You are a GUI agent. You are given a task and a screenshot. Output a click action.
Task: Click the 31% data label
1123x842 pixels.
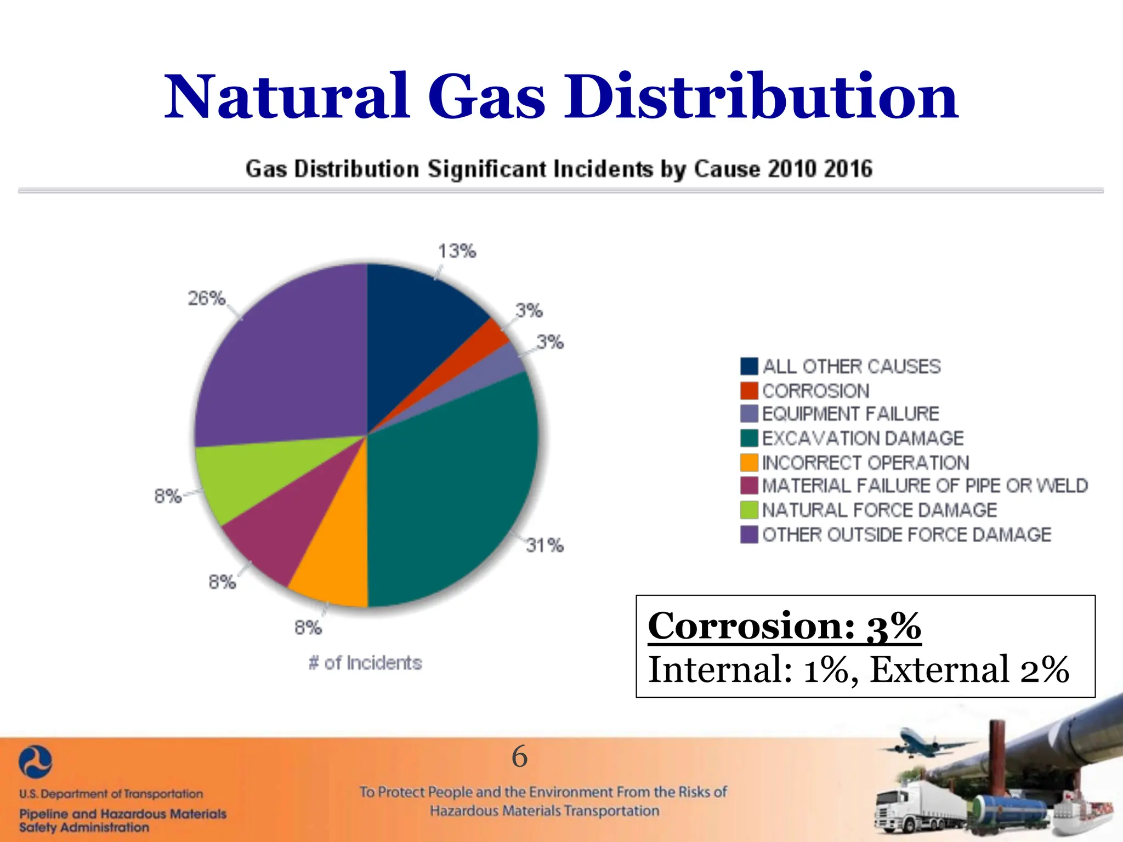click(x=545, y=545)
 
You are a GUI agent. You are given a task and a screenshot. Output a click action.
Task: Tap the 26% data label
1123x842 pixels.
click(x=206, y=299)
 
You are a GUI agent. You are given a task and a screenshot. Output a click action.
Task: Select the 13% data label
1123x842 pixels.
click(x=457, y=251)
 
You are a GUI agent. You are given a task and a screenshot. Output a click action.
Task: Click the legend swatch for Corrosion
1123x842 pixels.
click(x=749, y=391)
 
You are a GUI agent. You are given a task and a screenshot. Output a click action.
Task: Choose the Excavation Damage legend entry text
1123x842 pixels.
click(x=863, y=439)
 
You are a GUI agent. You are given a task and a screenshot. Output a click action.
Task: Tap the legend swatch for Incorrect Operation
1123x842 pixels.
click(x=749, y=463)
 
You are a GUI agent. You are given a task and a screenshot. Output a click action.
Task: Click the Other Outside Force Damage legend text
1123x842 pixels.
click(x=906, y=534)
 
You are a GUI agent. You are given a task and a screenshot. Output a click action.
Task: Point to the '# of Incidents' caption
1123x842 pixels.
click(x=365, y=663)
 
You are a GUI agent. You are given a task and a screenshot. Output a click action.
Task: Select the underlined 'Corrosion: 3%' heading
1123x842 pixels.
click(x=784, y=625)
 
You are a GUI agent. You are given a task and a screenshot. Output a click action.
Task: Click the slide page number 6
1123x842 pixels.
click(x=519, y=756)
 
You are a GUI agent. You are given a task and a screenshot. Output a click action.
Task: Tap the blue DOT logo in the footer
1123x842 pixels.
click(x=35, y=763)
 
